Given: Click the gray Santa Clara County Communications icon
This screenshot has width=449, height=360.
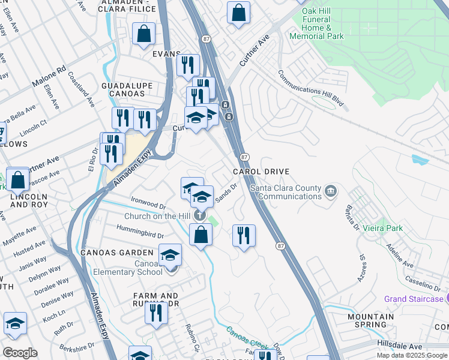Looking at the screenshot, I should pos(330,192).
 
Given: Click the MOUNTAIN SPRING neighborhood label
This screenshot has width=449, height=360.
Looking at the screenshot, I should pos(370,320).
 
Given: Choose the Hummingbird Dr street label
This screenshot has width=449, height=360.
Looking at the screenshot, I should pos(141,234).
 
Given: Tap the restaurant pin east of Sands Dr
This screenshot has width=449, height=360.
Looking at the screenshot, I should pos(244,235).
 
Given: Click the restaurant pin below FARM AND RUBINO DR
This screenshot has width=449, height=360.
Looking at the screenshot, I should pos(156,313).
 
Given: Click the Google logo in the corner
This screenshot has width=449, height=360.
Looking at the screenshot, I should pos(20,353).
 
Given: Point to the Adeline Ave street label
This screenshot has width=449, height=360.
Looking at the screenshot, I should pos(400,256).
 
